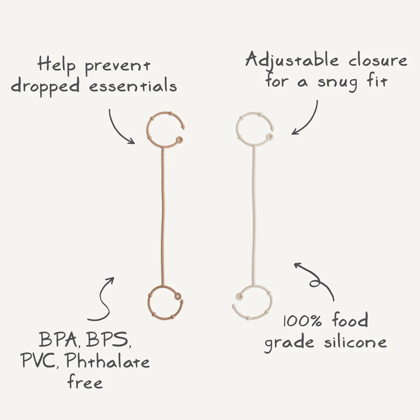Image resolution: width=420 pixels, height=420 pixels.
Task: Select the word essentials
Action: pyautogui.click(x=133, y=86)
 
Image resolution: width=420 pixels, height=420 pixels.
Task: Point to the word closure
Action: pyautogui.click(x=378, y=61)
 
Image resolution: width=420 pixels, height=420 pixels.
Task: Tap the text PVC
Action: pyautogui.click(x=37, y=361)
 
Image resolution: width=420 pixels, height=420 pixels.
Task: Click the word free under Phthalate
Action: pyautogui.click(x=85, y=382)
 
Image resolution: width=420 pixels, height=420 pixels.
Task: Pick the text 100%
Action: pyautogui.click(x=303, y=321)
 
